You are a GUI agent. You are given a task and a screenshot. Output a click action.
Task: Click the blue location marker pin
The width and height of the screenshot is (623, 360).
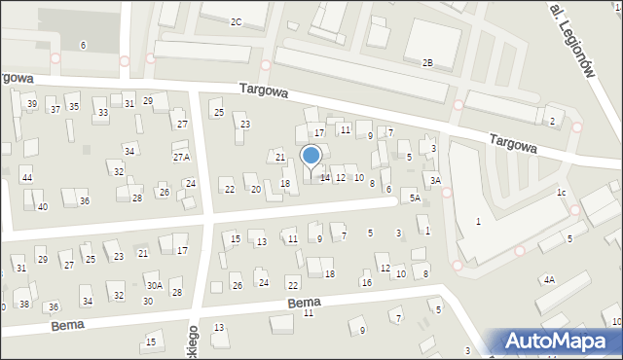point(311,157)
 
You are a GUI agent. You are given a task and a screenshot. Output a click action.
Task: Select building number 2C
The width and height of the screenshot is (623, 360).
point(236,21)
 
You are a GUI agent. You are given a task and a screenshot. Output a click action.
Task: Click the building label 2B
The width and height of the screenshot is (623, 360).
point(426,62)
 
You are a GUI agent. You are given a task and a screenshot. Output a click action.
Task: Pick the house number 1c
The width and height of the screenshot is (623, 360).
point(562,193)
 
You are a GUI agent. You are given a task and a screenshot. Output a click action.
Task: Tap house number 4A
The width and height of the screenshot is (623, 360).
point(549,280)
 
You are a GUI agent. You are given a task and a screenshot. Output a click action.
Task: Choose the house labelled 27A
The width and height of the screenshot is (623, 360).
point(181,157)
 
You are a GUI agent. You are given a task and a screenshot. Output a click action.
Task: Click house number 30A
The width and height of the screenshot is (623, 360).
point(154,285)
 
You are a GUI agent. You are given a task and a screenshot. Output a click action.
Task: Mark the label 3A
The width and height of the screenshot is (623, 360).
point(436,180)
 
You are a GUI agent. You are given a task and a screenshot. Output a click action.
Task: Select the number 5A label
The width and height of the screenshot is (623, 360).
point(415,198)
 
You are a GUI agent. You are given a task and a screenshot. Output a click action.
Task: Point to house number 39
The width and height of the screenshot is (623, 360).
point(32,104)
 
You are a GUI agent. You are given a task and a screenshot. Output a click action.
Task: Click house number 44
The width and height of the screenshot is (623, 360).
point(27,178)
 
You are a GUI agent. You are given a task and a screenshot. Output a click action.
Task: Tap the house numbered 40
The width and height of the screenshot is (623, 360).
point(42,207)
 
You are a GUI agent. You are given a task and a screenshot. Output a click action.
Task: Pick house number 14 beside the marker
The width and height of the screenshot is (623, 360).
point(325,178)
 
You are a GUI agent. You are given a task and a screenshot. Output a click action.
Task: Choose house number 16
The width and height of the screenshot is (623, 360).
point(366,283)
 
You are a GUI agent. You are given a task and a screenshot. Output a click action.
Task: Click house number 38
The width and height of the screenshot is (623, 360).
point(24,304)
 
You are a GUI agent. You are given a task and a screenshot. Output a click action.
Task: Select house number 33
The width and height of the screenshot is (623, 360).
point(102,114)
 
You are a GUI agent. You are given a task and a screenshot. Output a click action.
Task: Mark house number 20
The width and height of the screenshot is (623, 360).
point(255,189)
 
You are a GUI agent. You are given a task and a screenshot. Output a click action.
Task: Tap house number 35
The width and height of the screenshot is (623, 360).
point(73,106)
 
